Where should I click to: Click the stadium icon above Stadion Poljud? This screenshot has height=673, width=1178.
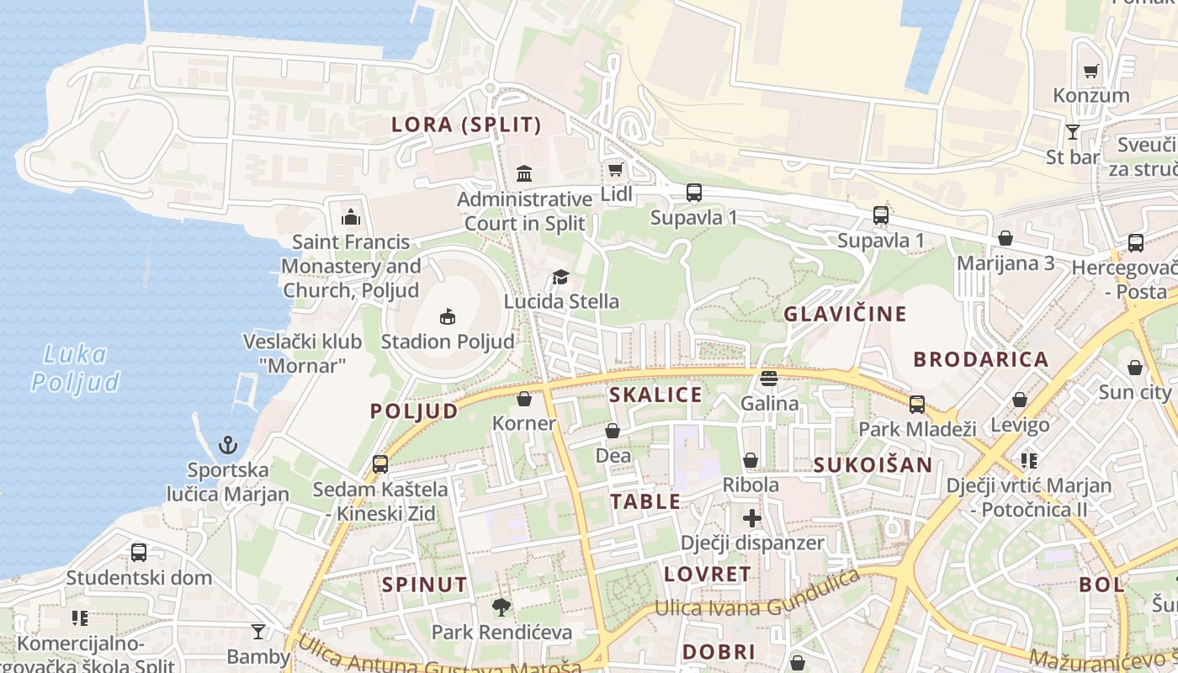pyautogui.click(x=448, y=317)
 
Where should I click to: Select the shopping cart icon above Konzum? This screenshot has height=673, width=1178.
pyautogui.click(x=1090, y=72)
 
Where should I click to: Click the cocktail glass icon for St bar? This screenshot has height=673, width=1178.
pyautogui.click(x=1072, y=133)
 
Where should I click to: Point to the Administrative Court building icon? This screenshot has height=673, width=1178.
pyautogui.click(x=524, y=174)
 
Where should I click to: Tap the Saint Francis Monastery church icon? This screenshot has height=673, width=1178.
pyautogui.click(x=351, y=218)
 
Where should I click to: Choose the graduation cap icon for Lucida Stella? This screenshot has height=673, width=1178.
pyautogui.click(x=560, y=278)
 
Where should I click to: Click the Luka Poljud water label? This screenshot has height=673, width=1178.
pyautogui.click(x=76, y=368)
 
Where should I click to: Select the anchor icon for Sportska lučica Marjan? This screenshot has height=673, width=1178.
pyautogui.click(x=227, y=445)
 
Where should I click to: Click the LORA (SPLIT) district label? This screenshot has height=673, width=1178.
pyautogui.click(x=466, y=125)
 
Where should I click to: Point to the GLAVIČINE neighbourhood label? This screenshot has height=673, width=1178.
pyautogui.click(x=845, y=314)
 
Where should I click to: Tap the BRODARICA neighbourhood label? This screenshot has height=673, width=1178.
pyautogui.click(x=981, y=359)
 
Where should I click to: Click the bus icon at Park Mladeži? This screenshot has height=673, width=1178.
pyautogui.click(x=917, y=405)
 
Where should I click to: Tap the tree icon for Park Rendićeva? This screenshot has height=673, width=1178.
pyautogui.click(x=501, y=607)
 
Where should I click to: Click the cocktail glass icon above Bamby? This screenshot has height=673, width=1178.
pyautogui.click(x=258, y=632)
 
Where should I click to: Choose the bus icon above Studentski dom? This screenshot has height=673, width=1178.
pyautogui.click(x=139, y=553)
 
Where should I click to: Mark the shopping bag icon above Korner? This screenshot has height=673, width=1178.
pyautogui.click(x=524, y=399)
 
